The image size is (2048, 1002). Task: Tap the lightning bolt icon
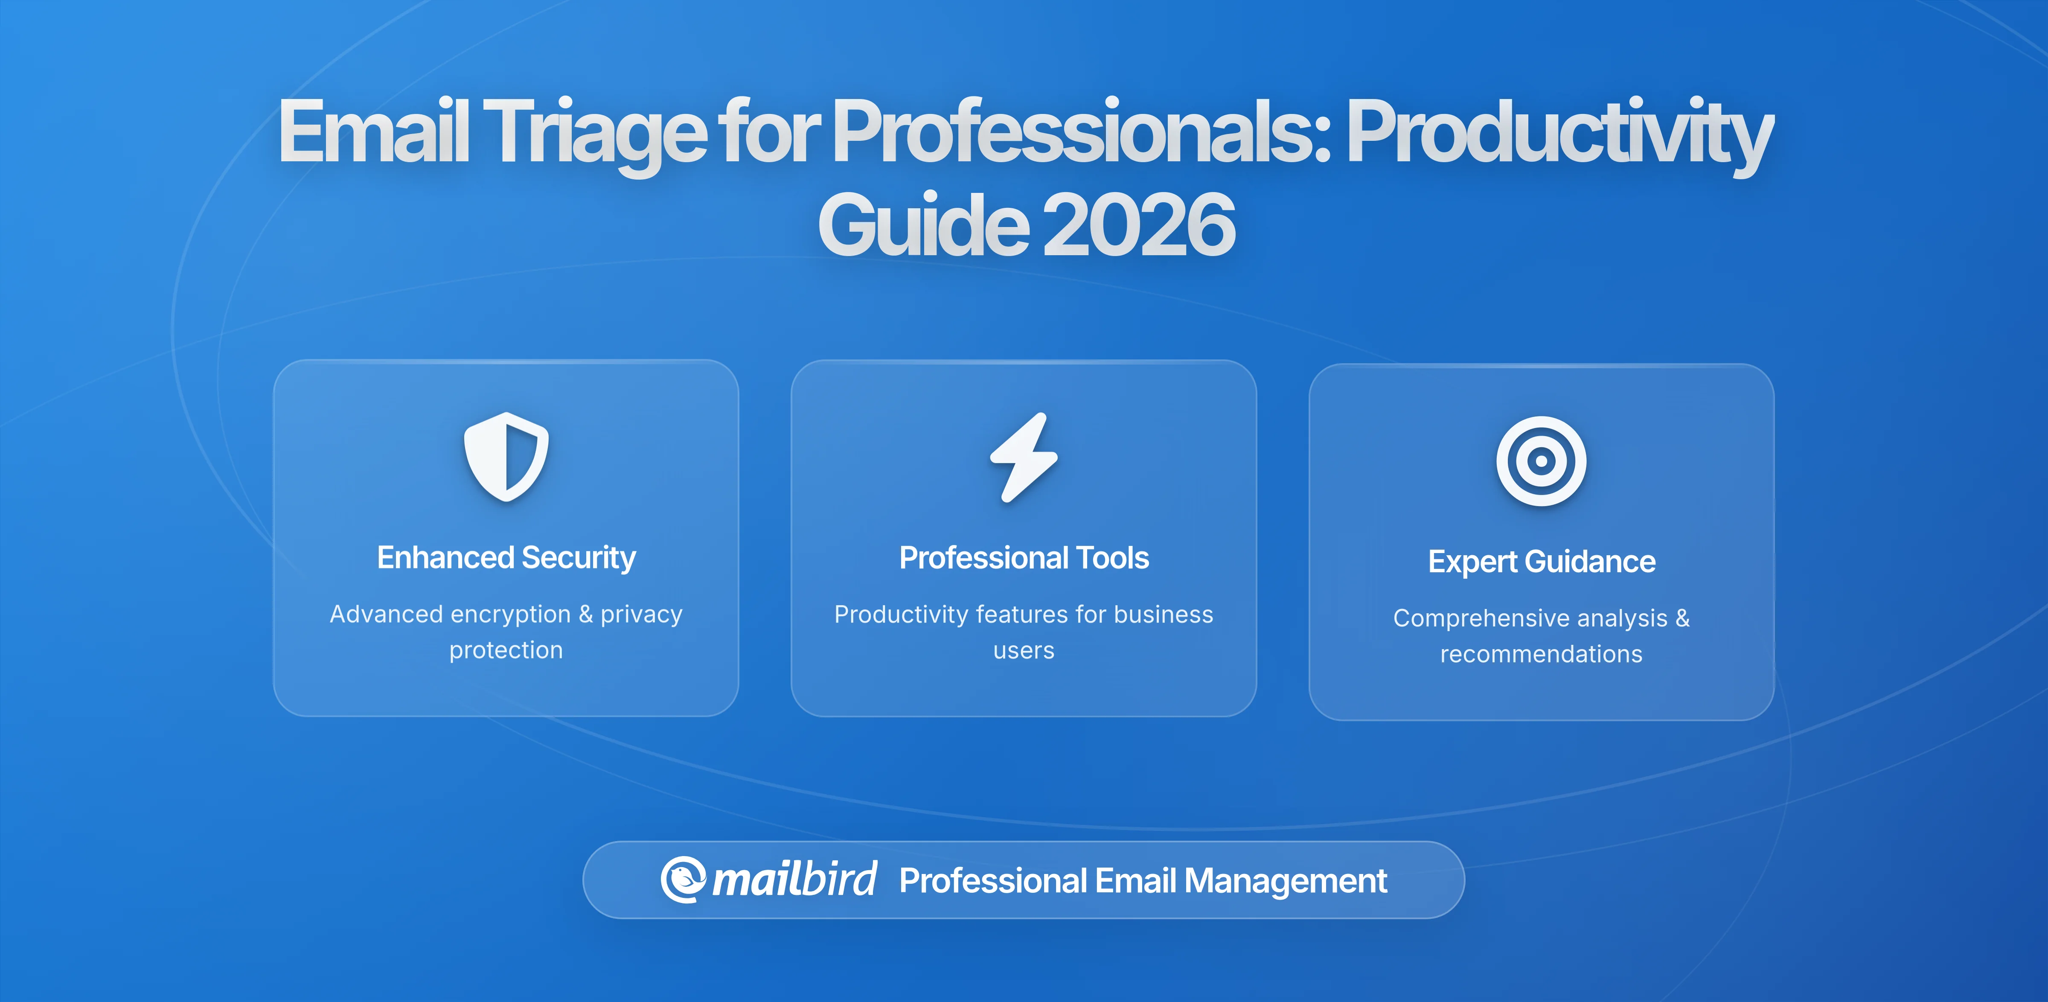click(x=1023, y=457)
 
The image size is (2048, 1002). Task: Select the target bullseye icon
click(x=1541, y=461)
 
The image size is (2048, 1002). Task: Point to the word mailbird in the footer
click(x=794, y=880)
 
